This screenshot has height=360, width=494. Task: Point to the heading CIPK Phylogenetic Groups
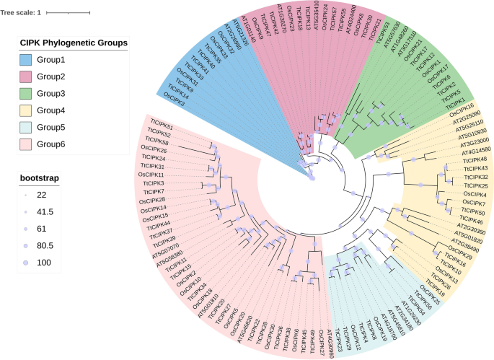(x=72, y=43)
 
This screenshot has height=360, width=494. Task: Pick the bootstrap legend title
(x=38, y=177)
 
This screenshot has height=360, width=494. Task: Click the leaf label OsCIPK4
(x=474, y=195)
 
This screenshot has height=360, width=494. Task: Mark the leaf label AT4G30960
(x=331, y=340)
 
